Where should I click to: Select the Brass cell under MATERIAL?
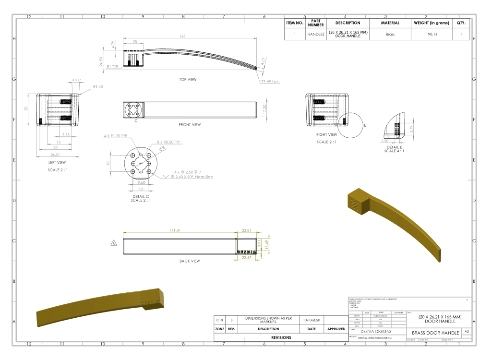pos(390,35)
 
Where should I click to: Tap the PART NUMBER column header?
pos(316,23)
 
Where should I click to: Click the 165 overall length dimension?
pos(182,36)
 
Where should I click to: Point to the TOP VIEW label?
pos(188,80)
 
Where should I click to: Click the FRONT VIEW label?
pos(190,125)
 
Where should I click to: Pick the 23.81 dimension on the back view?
pos(247,230)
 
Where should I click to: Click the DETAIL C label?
pos(141,197)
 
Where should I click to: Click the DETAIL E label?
pos(394,147)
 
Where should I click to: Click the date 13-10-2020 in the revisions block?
pos(312,320)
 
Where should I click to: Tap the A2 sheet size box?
pos(467,332)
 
